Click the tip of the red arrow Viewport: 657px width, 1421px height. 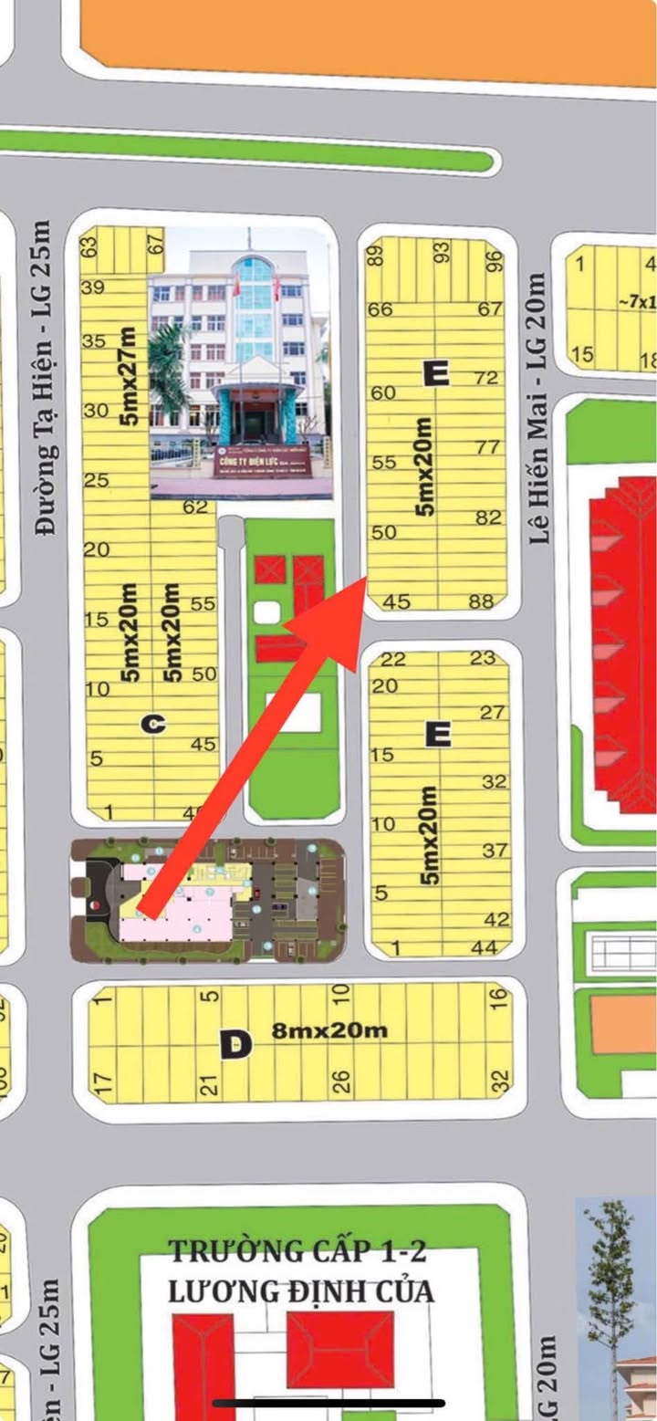365,580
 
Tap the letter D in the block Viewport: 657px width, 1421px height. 235,1044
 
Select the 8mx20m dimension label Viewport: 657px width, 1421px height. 329,1030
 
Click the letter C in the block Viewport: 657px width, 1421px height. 153,724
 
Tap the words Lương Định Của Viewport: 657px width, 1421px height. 300,1292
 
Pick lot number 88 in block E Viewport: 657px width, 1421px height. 481,601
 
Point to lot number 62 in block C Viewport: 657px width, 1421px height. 195,507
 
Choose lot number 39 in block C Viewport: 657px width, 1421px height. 92,287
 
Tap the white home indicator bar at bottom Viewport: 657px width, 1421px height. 328,1403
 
